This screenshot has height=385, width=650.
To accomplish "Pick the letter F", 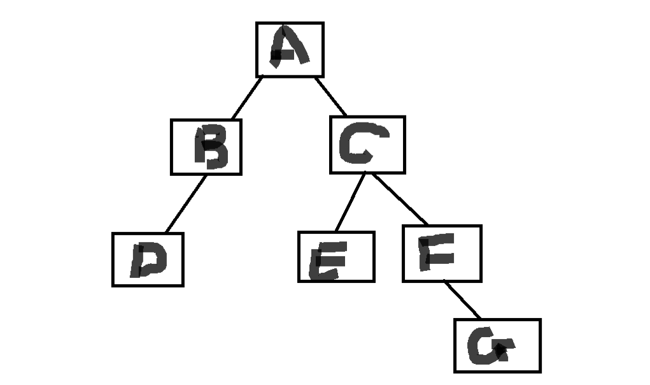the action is (x=438, y=252).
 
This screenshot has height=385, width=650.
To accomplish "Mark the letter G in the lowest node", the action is (x=489, y=347).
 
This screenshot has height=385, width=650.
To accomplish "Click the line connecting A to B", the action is (x=247, y=98).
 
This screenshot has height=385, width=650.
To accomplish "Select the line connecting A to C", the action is (x=331, y=96).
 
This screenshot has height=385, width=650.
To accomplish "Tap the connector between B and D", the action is (x=185, y=204).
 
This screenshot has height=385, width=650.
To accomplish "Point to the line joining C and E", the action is (x=350, y=201).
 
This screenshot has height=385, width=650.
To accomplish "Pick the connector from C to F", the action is (x=400, y=200).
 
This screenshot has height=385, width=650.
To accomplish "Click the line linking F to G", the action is (x=462, y=300).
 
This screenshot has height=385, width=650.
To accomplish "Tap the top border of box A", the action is (x=290, y=24).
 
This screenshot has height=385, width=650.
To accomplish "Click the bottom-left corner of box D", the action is (x=113, y=285).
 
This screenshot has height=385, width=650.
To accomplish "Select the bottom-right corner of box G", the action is (x=539, y=371).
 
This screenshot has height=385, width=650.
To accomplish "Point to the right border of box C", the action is (x=404, y=145).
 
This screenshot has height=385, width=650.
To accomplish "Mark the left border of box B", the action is (x=172, y=147).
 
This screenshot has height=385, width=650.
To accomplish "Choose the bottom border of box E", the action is (x=336, y=280).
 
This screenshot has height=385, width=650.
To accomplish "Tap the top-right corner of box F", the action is (x=480, y=226).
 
